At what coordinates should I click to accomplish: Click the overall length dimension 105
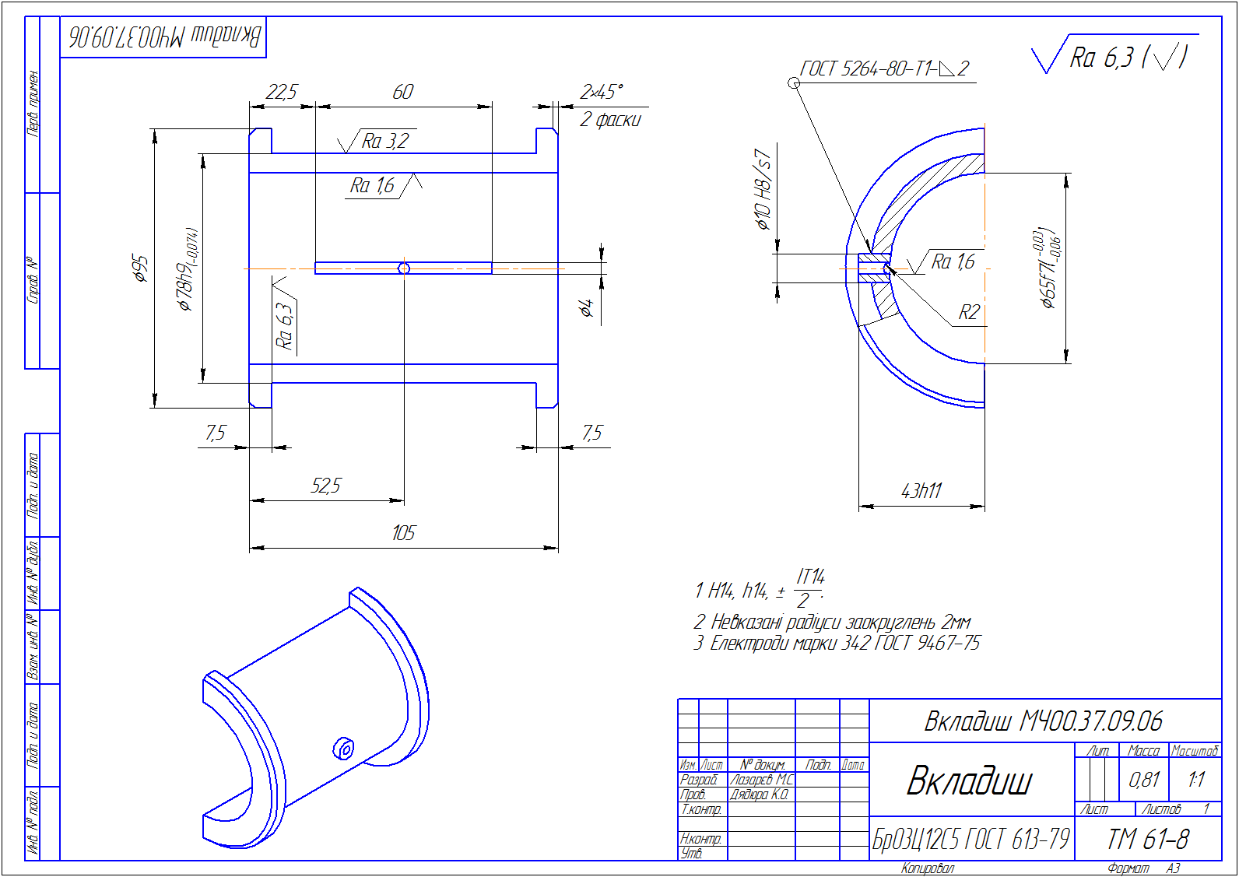[403, 533]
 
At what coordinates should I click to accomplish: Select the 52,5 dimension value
[325, 486]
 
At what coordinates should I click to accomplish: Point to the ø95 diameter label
[140, 267]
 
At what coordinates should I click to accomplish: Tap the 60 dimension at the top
[402, 92]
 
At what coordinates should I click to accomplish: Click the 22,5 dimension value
[281, 92]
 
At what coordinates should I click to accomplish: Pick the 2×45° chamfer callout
[601, 92]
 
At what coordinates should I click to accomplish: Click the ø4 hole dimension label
[587, 308]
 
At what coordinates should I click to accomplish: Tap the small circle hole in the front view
[403, 268]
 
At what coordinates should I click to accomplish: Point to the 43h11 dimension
[921, 491]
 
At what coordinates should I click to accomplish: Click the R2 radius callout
[968, 313]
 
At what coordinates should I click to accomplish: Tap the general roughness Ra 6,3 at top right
[1113, 57]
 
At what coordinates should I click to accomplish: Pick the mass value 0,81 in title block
[1144, 779]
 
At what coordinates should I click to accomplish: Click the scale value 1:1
[1195, 779]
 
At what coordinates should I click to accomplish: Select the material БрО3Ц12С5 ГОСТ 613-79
[970, 840]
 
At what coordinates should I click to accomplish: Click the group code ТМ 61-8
[1148, 840]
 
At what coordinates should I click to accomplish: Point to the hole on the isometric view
[343, 749]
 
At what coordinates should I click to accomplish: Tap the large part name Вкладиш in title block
[970, 781]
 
